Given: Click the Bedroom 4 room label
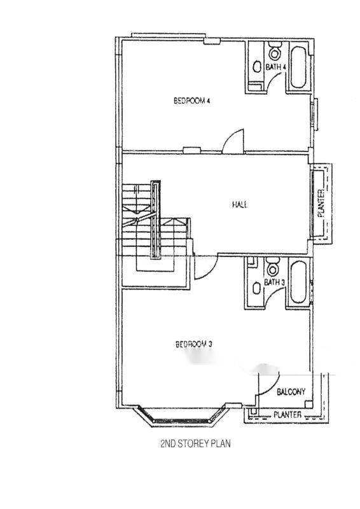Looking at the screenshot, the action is pyautogui.click(x=192, y=101).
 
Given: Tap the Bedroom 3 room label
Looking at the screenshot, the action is pyautogui.click(x=194, y=344).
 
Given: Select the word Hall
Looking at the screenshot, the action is pyautogui.click(x=240, y=204).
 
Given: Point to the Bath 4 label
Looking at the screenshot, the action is pyautogui.click(x=275, y=67).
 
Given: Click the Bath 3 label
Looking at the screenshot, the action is pyautogui.click(x=274, y=282).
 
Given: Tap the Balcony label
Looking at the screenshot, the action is pyautogui.click(x=291, y=392).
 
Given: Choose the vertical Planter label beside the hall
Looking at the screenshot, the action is pyautogui.click(x=321, y=204).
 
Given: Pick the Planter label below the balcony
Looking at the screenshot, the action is pyautogui.click(x=287, y=415).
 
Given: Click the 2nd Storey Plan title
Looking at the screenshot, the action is pyautogui.click(x=195, y=443).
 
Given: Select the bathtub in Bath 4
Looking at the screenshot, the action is pyautogui.click(x=298, y=67).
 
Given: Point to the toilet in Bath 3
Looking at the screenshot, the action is pyautogui.click(x=273, y=267).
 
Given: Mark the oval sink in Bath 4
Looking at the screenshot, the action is pyautogui.click(x=257, y=67).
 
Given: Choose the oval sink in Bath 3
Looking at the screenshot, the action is pyautogui.click(x=257, y=288).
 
